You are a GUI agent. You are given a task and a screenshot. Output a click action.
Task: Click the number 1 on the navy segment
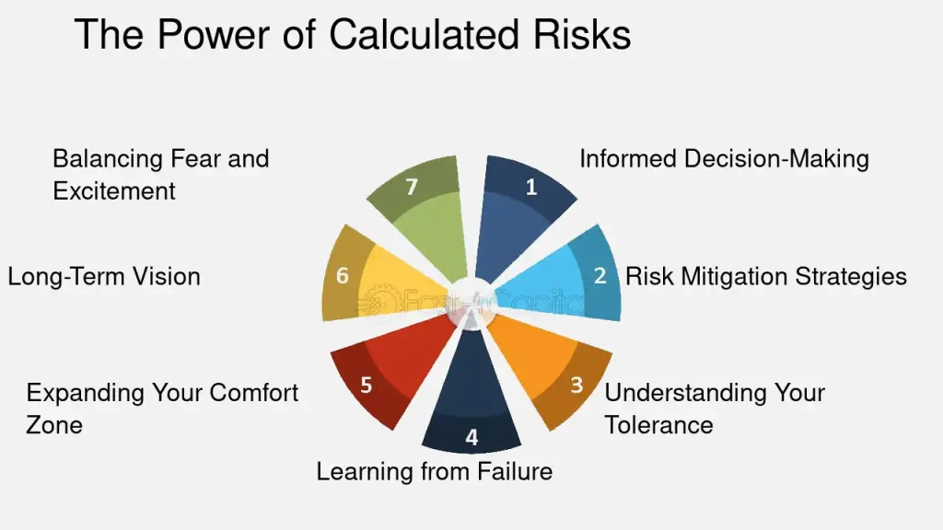[531, 188]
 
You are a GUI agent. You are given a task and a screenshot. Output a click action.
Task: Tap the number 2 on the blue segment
[600, 276]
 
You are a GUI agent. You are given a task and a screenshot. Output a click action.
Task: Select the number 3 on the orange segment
[576, 385]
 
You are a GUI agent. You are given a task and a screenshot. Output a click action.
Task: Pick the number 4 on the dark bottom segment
[471, 437]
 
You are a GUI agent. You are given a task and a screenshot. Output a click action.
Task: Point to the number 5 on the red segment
[366, 386]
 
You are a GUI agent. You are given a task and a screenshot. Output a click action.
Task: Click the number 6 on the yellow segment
[343, 276]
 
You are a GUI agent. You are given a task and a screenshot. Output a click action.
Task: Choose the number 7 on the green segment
[412, 188]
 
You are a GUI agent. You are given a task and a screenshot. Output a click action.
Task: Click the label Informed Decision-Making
[724, 159]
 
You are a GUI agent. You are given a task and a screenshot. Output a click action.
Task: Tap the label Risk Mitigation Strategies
[765, 276]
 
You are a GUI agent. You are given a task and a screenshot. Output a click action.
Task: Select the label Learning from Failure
[435, 471]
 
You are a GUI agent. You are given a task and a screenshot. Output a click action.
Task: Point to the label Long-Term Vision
[104, 276]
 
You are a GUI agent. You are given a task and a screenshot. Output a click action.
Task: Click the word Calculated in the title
[424, 34]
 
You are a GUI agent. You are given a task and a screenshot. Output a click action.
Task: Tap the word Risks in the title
[582, 34]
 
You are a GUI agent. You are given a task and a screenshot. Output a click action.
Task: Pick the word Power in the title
[214, 34]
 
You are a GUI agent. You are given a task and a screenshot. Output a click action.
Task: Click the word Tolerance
[658, 425]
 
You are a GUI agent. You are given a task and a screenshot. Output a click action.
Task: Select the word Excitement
[114, 191]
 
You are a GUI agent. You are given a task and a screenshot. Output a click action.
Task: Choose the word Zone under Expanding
[54, 425]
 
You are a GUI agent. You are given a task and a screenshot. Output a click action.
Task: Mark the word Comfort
[254, 393]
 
